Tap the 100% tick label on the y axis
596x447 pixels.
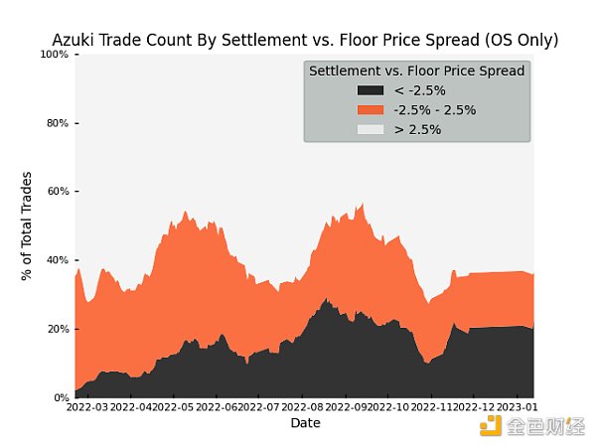(x=55, y=55)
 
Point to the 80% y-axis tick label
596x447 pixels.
(x=57, y=123)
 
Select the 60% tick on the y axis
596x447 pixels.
(x=57, y=192)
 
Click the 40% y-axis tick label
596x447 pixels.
(x=57, y=260)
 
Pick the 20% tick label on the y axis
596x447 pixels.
(x=57, y=329)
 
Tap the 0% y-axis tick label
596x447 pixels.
(x=60, y=397)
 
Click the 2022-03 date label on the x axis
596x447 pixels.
(x=87, y=407)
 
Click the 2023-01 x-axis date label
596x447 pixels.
(x=516, y=407)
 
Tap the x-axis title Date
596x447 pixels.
(x=305, y=423)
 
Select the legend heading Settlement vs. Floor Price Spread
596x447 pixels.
(x=417, y=72)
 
